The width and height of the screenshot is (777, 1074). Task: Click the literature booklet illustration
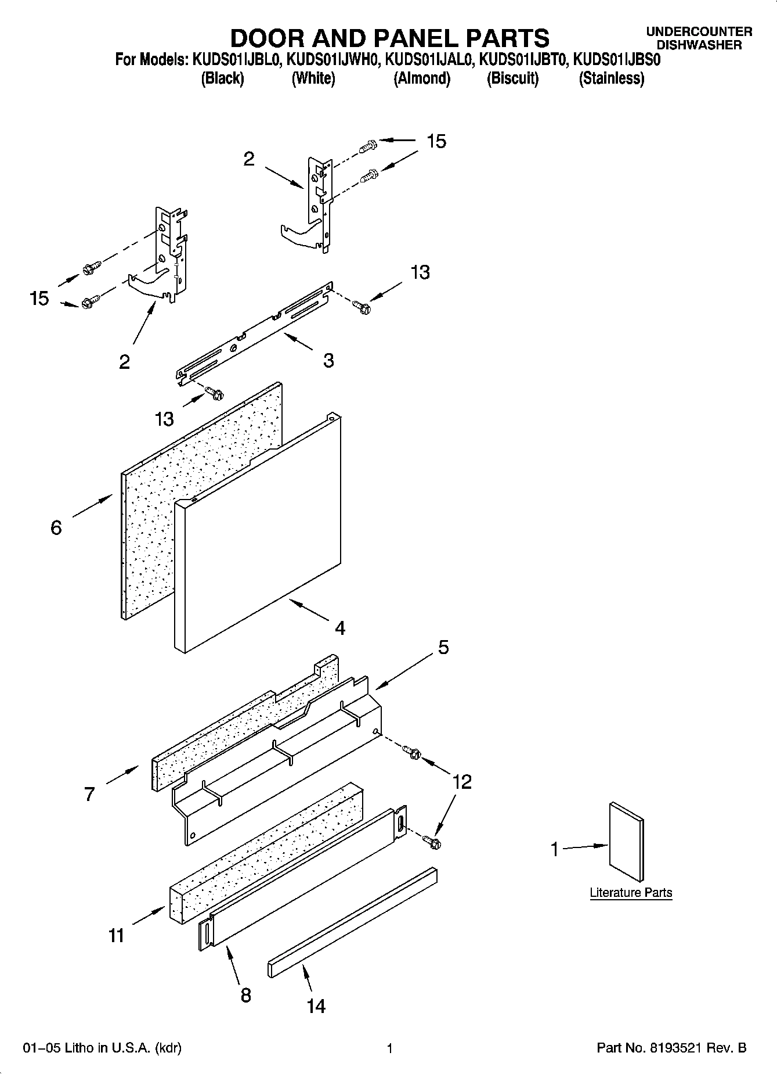coord(626,842)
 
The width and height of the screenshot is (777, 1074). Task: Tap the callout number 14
coord(316,1005)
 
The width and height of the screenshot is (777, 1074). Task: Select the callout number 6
coord(56,527)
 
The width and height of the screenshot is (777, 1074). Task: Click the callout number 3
coord(328,360)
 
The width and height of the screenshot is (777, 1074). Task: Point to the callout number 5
coord(443,647)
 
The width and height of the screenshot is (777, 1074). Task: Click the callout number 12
coord(462,781)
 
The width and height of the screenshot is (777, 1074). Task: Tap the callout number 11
coord(116,936)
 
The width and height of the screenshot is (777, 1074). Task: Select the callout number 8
coord(246,995)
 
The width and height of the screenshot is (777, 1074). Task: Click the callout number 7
coord(89,794)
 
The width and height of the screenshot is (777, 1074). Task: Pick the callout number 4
coord(340,627)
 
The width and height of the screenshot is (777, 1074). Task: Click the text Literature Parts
coord(631,893)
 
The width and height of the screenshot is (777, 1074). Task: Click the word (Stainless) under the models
coord(611,78)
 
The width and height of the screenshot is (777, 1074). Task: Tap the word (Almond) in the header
coord(422,78)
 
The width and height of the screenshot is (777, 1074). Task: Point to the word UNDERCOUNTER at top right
coord(699,32)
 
